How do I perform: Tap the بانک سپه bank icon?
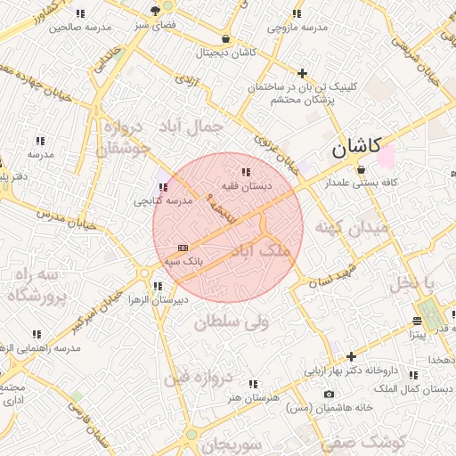(x=183, y=248)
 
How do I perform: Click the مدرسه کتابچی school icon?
(x=162, y=187)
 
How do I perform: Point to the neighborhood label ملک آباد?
(x=260, y=253)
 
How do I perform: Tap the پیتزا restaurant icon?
(x=417, y=321)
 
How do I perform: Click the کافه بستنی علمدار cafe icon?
(x=361, y=168)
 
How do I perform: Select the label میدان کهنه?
(x=356, y=228)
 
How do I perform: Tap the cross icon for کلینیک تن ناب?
(x=303, y=73)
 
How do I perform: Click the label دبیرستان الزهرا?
(x=157, y=299)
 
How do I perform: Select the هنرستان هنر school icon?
(x=254, y=384)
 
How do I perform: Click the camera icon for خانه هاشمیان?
(x=330, y=394)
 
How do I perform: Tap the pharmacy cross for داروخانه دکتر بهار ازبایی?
(x=351, y=356)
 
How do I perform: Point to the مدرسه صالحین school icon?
(x=81, y=14)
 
